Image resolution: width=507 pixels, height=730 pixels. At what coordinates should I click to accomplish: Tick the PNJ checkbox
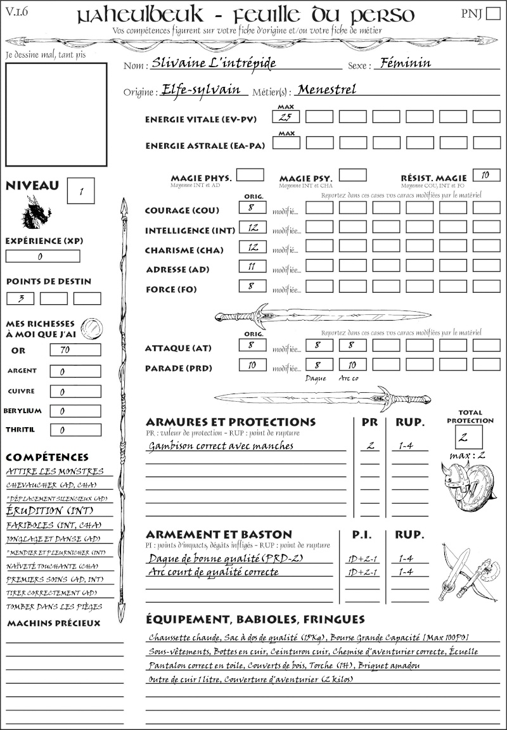tap(492, 14)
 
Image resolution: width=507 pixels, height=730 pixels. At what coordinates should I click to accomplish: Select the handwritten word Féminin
tap(404, 63)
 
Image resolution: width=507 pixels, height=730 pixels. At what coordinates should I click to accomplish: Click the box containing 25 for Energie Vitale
tap(286, 117)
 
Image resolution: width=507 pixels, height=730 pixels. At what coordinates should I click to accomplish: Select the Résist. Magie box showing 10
tap(486, 176)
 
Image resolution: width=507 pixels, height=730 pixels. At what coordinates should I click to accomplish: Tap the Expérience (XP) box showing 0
tap(42, 257)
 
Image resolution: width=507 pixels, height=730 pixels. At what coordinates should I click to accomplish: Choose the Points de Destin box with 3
tap(20, 298)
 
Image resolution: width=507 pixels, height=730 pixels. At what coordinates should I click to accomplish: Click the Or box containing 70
tap(75, 350)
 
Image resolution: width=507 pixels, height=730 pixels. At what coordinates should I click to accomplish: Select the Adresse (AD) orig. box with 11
tap(252, 267)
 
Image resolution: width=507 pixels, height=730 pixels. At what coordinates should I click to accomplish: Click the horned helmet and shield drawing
tap(468, 485)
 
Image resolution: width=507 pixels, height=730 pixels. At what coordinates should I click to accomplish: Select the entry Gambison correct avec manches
tap(221, 446)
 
